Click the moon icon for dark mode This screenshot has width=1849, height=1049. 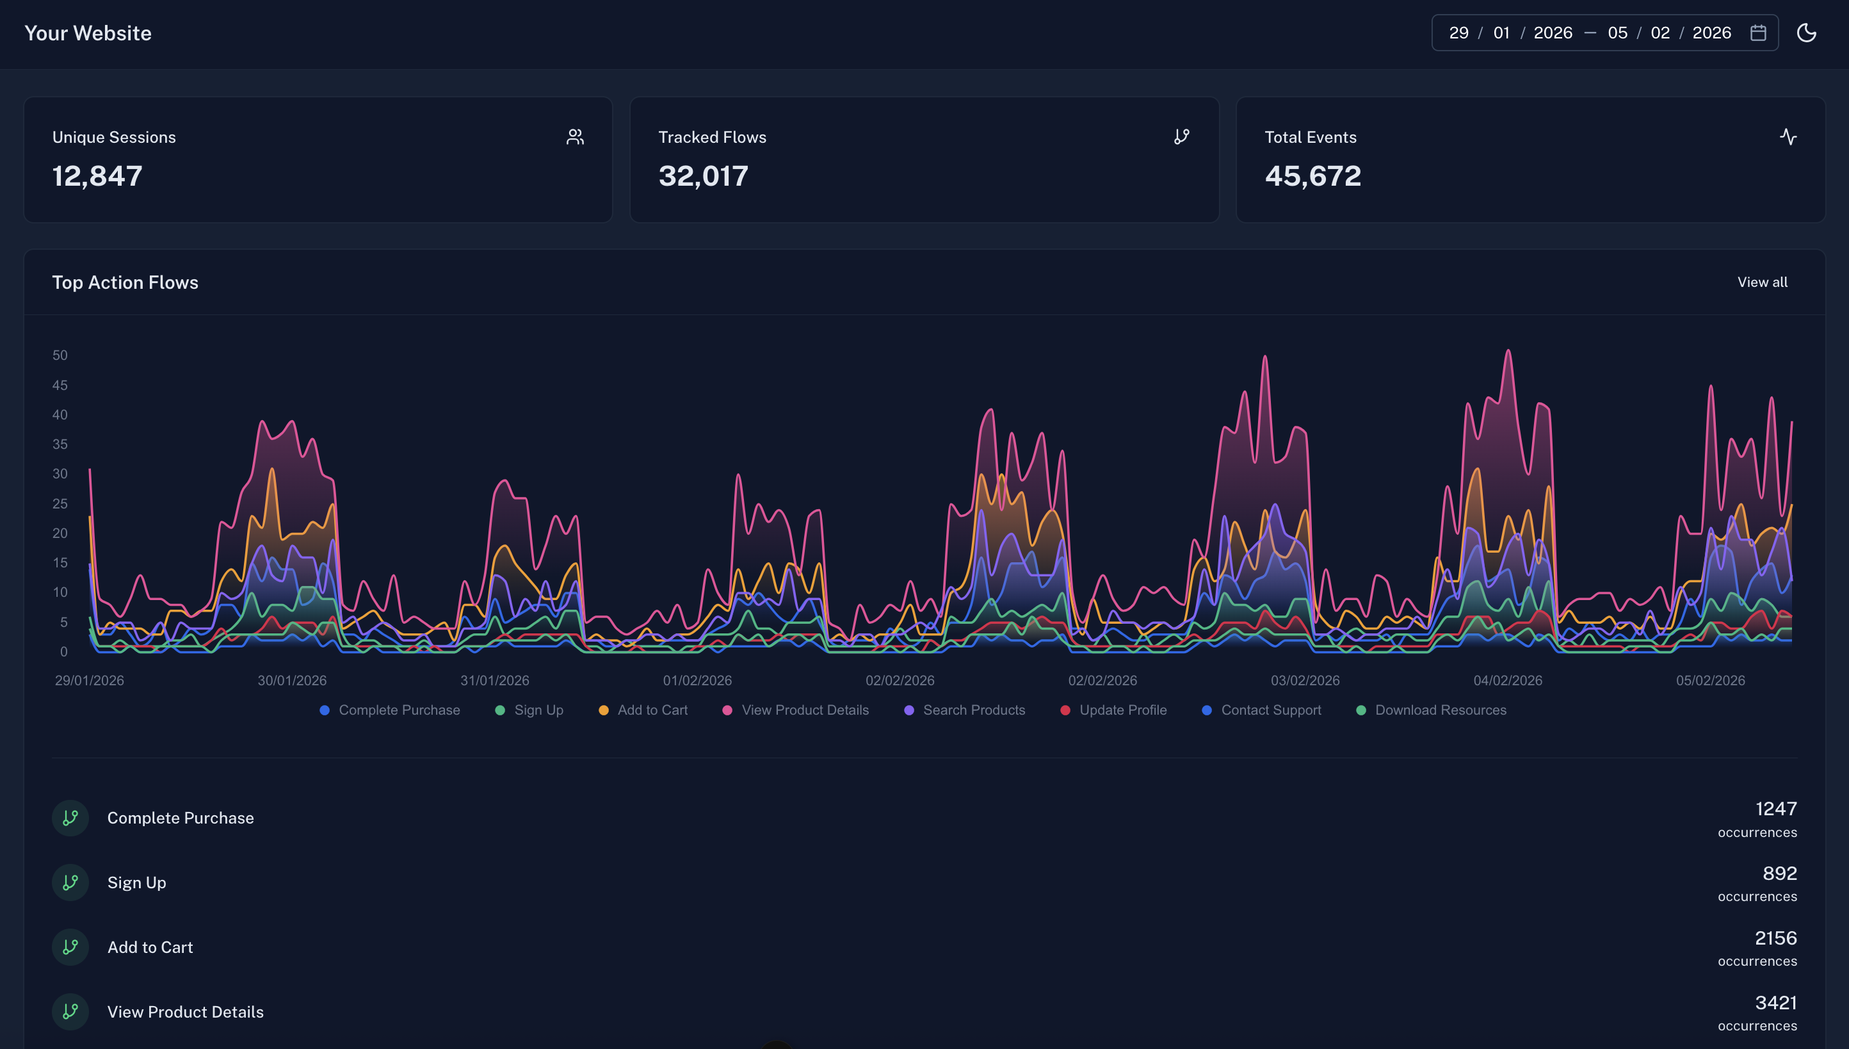coord(1805,33)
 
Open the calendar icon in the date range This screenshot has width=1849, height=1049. coord(1757,33)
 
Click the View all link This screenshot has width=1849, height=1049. coord(1762,282)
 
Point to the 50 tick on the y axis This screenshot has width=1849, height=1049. coord(60,355)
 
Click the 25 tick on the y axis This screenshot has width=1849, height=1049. coord(60,503)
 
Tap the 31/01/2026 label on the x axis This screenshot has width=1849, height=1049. coord(494,680)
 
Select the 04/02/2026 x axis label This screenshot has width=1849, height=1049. coord(1507,680)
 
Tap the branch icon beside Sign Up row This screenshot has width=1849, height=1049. coord(70,882)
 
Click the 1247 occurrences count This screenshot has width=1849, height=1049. coord(1775,809)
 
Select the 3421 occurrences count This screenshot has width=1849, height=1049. coord(1775,1003)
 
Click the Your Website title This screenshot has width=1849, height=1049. coord(88,33)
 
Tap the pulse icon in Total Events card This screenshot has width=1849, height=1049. coord(1788,137)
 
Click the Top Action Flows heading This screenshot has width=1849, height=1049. coord(125,282)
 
